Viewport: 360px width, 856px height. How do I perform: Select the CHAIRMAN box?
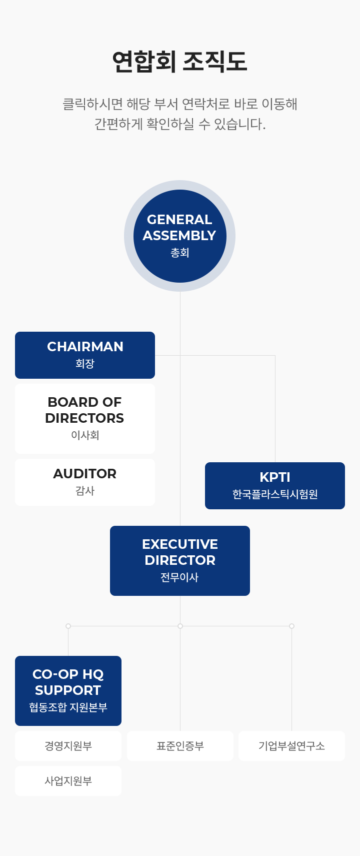(85, 355)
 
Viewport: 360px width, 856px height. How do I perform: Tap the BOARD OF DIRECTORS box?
(85, 418)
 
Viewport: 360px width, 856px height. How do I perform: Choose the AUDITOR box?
(85, 482)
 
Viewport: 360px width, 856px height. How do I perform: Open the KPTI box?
(275, 485)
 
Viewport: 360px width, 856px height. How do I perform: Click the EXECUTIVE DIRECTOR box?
(180, 560)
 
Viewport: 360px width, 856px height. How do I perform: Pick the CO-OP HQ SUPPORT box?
(68, 690)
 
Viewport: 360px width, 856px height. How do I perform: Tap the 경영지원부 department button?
(68, 746)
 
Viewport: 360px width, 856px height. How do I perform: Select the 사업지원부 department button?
(68, 781)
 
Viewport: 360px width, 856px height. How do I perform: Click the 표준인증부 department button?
(180, 746)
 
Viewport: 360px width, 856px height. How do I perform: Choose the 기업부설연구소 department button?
(291, 746)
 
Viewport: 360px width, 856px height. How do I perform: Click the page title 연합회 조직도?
(179, 62)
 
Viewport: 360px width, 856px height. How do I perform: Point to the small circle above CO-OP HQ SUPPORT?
(68, 626)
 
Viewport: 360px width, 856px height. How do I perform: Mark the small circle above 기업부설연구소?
(291, 626)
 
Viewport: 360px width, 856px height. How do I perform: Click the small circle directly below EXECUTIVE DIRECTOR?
(180, 626)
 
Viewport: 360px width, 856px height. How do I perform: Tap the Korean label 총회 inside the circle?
(180, 253)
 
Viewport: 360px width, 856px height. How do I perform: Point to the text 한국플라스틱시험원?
(275, 494)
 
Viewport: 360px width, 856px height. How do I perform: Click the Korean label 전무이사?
(179, 577)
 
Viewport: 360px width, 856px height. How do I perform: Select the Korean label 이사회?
(85, 435)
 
